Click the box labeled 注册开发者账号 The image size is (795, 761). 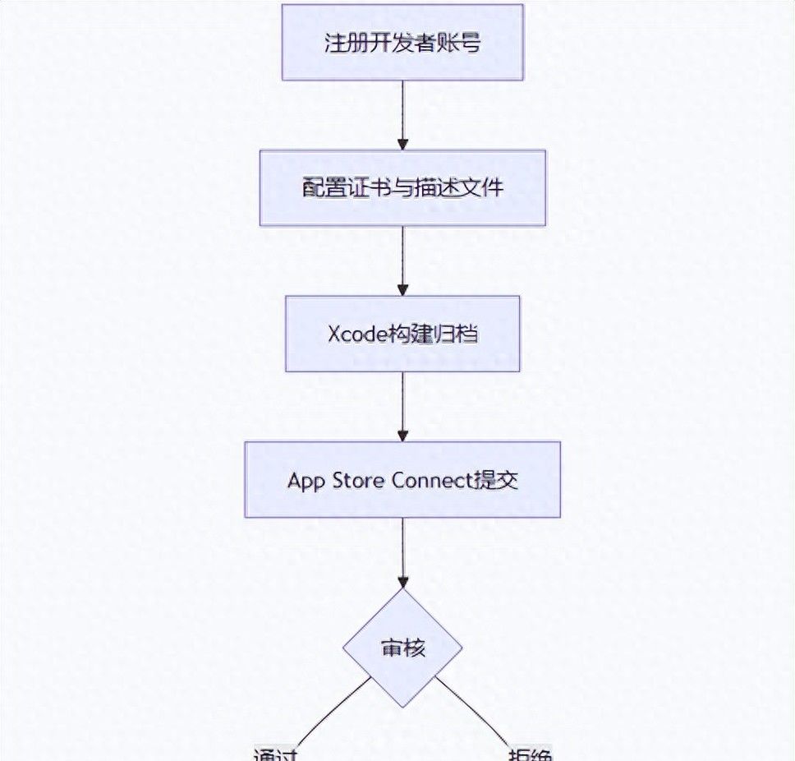coord(402,43)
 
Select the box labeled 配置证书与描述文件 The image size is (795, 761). coord(402,188)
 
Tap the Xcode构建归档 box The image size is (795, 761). coord(402,334)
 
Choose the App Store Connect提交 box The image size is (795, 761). coord(402,480)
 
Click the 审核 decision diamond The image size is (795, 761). coord(402,648)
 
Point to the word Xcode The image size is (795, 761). coord(353,334)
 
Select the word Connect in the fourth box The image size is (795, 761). coord(428,481)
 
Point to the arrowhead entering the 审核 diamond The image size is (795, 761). coord(402,581)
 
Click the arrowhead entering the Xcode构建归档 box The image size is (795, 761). coord(402,289)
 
